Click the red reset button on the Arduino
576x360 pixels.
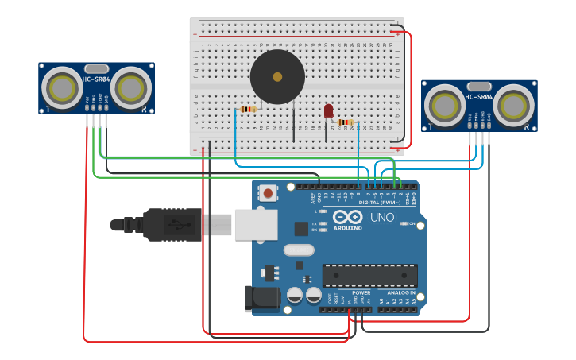point(269,192)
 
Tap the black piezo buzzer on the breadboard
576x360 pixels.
point(277,77)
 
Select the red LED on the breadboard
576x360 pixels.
point(328,111)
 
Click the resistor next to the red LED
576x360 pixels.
point(345,122)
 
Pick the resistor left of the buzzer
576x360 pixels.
point(249,109)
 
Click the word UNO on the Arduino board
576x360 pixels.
point(382,217)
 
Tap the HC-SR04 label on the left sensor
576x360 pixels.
point(95,79)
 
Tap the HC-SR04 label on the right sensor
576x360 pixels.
point(478,97)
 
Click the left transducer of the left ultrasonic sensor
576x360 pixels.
point(60,86)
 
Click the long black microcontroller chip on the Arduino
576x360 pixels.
point(369,275)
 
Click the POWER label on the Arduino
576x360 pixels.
point(361,292)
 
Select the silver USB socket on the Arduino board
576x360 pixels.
point(255,224)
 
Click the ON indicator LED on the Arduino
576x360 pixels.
point(405,224)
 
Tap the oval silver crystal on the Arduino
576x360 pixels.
point(299,250)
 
